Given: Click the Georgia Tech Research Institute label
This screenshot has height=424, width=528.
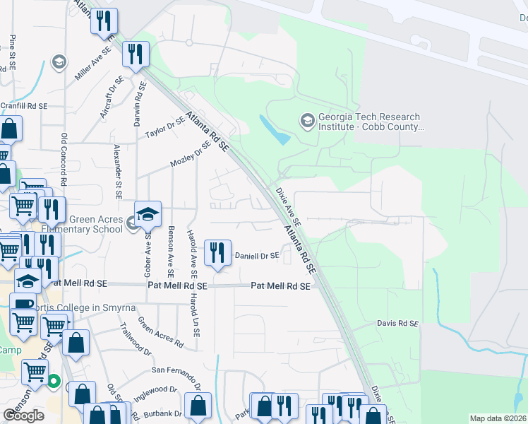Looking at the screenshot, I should pos(369,122).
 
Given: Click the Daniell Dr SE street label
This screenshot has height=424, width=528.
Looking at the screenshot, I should pos(257,255).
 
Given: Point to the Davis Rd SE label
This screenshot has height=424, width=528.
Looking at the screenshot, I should pos(397,324).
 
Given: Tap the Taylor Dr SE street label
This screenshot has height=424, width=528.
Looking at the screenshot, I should pos(164,127).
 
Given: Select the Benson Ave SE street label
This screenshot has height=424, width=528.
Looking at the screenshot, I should pos(170,252).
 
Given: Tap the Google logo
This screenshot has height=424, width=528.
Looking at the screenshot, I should pos(23,416).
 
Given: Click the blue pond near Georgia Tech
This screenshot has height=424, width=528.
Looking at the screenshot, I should pos(274,129).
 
